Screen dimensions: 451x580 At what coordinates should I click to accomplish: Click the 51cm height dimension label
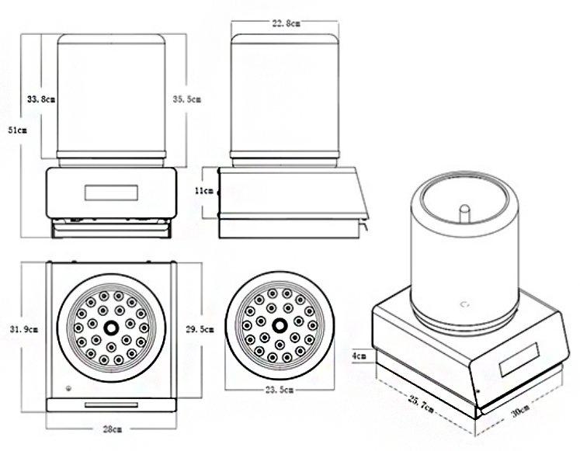[17, 131]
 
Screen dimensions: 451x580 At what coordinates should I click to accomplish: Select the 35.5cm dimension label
[187, 99]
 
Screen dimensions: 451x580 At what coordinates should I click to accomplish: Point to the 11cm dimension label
[204, 190]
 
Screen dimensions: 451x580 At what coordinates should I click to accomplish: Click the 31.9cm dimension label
[22, 329]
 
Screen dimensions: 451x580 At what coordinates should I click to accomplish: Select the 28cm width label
[113, 428]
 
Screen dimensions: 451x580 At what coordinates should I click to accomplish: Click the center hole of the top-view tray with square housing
[111, 327]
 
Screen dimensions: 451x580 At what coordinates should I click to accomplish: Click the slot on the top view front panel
[111, 404]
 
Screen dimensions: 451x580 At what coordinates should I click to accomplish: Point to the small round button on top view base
[68, 388]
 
